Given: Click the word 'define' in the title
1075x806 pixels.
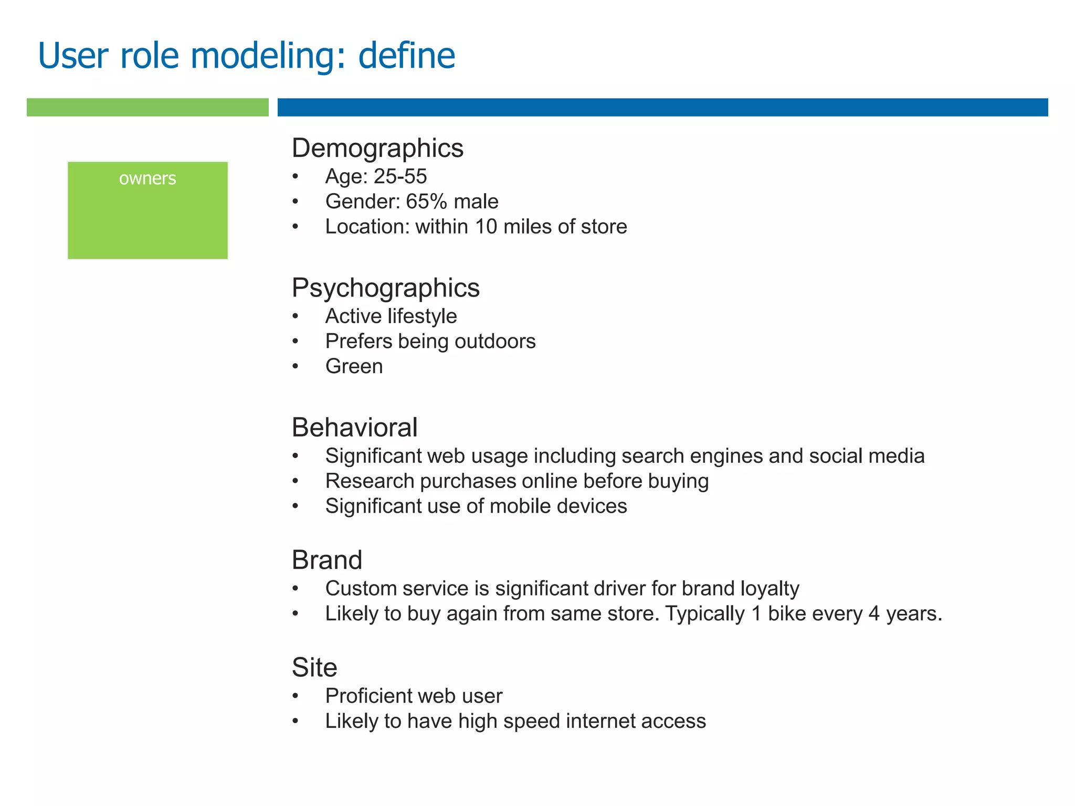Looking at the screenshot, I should (406, 56).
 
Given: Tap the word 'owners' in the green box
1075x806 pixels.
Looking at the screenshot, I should (147, 179).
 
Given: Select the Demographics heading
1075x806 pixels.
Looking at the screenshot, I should (377, 148).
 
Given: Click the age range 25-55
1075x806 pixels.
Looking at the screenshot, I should (400, 176).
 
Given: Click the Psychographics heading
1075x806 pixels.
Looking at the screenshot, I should (385, 288).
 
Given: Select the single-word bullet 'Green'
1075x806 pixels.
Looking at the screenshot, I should (354, 366).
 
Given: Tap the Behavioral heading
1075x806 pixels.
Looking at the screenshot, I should (354, 427).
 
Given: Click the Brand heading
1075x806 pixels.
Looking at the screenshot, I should (326, 560).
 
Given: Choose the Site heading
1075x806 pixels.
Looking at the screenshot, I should (314, 667).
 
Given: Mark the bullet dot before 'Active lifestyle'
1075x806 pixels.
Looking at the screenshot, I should (296, 316).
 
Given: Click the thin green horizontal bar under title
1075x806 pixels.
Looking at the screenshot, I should (147, 107).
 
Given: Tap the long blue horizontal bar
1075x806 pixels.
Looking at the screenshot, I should (662, 107).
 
